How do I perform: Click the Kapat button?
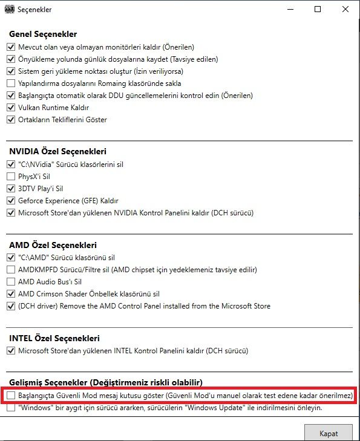[x=328, y=433]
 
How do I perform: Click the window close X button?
[x=345, y=10]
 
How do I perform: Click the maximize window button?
[x=318, y=10]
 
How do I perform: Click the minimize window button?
[x=290, y=10]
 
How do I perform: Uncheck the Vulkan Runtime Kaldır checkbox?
[x=11, y=108]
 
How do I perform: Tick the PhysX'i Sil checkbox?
[x=11, y=177]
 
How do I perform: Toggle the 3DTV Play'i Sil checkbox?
[x=11, y=189]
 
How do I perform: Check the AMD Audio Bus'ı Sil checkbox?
[x=11, y=282]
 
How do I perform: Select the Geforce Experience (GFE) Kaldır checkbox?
[x=11, y=201]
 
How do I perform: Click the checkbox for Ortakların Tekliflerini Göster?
[x=11, y=120]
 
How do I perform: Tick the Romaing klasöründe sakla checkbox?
[x=11, y=83]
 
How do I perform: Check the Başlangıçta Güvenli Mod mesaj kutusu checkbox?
[x=11, y=396]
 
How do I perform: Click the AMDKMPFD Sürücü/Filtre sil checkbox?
[x=11, y=270]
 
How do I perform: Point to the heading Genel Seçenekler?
[x=43, y=34]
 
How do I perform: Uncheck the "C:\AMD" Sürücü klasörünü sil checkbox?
[x=11, y=258]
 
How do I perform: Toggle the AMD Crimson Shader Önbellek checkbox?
[x=11, y=294]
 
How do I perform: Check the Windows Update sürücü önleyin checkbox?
[x=11, y=408]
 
